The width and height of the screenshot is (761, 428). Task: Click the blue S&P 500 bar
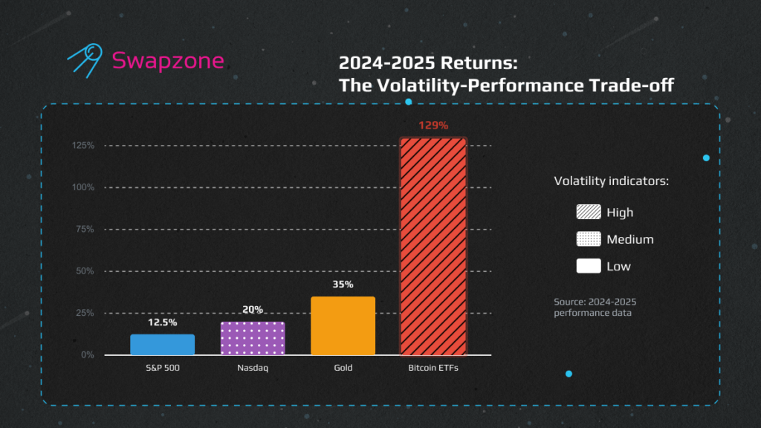162,345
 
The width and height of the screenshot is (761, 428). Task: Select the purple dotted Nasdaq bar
253,338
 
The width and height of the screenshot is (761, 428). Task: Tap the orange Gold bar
343,325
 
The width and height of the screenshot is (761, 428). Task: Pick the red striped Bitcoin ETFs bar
433,246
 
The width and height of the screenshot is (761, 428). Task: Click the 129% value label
433,126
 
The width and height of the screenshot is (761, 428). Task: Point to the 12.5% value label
162,323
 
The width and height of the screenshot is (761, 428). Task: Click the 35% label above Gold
343,285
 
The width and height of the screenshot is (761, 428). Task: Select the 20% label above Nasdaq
253,310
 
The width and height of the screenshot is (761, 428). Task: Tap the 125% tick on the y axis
83,145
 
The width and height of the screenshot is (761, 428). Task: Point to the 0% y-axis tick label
88,355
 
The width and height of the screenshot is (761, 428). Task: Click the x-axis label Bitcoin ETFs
433,368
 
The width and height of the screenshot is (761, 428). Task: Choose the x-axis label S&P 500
162,368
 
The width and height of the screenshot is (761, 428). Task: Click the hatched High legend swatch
589,213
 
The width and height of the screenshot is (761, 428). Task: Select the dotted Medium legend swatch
589,239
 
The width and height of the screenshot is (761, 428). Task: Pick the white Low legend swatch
589,266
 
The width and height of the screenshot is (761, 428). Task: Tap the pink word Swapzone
167,60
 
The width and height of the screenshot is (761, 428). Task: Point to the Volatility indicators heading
612,181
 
